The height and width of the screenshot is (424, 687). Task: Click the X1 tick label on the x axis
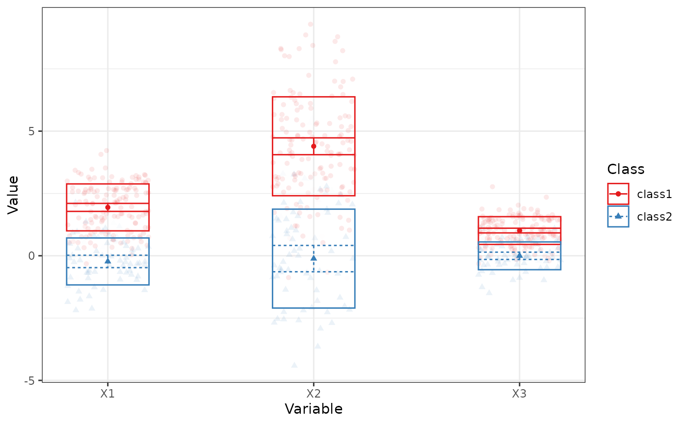(x=107, y=393)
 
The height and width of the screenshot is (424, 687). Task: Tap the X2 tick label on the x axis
(x=314, y=393)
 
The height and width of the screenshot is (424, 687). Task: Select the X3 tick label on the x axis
(x=519, y=393)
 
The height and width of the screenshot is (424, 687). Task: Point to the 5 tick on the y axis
(x=33, y=131)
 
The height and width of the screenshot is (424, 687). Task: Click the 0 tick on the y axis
(x=33, y=256)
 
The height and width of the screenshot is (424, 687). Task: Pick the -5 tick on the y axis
(x=31, y=380)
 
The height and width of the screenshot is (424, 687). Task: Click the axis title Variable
(x=314, y=409)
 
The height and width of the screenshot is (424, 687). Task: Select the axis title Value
(x=13, y=194)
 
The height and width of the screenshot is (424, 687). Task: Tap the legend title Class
(x=626, y=169)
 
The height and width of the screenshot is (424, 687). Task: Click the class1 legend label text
(x=654, y=194)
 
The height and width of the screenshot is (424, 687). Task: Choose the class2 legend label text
(x=654, y=216)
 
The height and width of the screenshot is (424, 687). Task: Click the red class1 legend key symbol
(x=618, y=194)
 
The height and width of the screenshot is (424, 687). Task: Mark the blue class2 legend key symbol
(x=618, y=216)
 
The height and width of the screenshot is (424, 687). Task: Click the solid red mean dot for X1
(x=108, y=207)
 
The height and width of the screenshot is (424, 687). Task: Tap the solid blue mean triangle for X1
(x=108, y=260)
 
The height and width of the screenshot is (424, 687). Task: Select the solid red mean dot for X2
(x=314, y=146)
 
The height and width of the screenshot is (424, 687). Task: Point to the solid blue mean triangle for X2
(x=314, y=257)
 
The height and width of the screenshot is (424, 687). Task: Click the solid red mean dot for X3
(x=519, y=230)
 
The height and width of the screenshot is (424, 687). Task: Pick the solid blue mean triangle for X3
(x=519, y=255)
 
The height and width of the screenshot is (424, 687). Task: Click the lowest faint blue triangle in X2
(x=294, y=365)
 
